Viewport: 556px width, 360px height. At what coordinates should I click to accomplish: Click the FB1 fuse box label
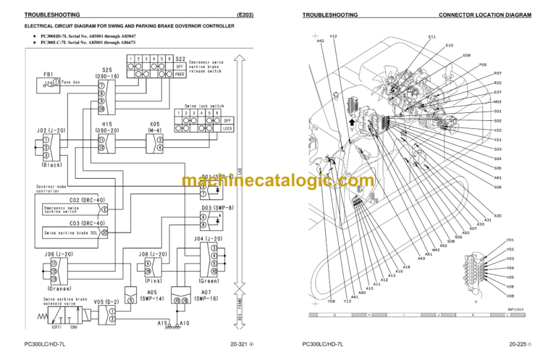click(49, 74)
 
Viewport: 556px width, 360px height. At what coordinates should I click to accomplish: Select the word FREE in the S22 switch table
click(180, 73)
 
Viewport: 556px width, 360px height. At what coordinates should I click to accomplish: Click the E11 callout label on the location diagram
click(432, 36)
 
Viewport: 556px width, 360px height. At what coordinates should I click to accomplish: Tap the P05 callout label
click(483, 64)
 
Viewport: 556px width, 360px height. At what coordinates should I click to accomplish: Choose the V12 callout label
click(333, 36)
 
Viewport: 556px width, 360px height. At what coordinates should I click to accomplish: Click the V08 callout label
click(510, 296)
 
